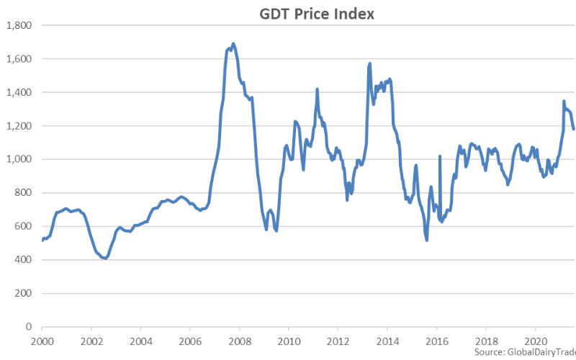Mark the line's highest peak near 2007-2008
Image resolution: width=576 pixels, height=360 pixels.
coord(233,43)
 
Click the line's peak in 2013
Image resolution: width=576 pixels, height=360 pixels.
coord(370,63)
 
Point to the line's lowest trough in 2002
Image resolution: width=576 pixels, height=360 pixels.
coord(105,258)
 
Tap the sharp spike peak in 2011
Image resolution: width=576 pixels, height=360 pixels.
coord(318,89)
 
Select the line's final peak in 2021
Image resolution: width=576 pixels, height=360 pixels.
coord(564,101)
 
